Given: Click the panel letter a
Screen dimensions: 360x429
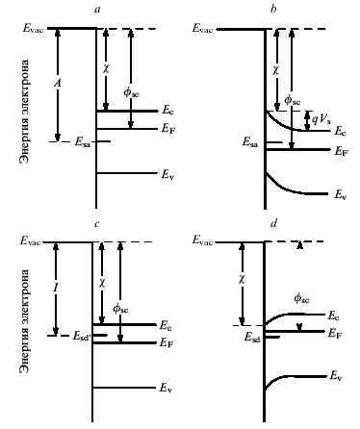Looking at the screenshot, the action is (x=97, y=10).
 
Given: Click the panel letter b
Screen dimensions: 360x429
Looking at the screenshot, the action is (x=273, y=9).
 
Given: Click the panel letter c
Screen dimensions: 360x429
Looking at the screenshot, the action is (x=97, y=223).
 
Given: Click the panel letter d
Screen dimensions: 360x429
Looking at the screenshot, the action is (x=273, y=223).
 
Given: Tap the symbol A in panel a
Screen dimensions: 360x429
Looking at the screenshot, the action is (x=58, y=84).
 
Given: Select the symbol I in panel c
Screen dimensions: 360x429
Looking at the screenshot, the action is (x=56, y=289).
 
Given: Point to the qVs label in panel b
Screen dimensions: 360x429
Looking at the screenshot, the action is (x=321, y=119).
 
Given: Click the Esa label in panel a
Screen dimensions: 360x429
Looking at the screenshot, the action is (x=83, y=142).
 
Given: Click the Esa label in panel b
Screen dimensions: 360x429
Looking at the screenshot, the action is (x=249, y=142).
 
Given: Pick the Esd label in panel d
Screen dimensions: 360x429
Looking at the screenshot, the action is (x=252, y=337).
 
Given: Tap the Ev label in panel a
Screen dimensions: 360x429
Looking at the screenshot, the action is (x=167, y=175).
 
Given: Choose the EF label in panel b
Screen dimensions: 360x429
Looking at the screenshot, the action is (x=341, y=151).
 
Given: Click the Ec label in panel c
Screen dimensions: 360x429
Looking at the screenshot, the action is (x=166, y=325).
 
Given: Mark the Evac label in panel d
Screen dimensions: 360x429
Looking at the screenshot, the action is (x=202, y=240).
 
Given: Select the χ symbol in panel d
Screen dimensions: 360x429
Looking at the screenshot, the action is (x=242, y=280).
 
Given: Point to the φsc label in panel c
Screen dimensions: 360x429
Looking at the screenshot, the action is (x=120, y=309).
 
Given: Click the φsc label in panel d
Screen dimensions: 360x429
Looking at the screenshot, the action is (x=301, y=299).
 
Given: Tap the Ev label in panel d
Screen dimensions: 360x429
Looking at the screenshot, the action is (x=336, y=376).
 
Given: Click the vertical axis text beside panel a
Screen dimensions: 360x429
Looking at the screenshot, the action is (x=25, y=112).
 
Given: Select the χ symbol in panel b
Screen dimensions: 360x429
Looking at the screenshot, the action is (x=275, y=70).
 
